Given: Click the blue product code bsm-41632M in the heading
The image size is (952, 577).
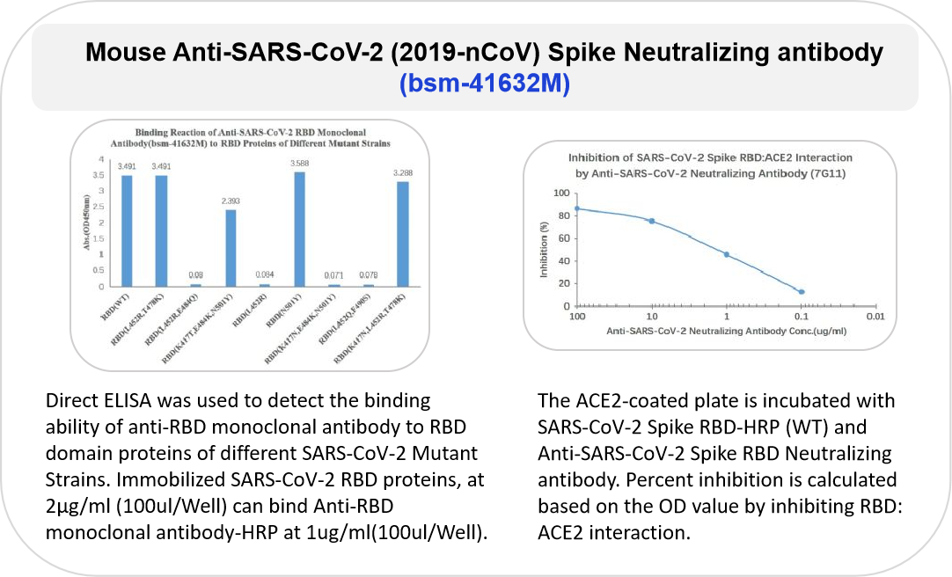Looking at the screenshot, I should coord(484,85).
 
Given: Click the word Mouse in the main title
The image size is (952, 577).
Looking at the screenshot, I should coord(124,53).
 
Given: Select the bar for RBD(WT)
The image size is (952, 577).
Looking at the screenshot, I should coord(127,230).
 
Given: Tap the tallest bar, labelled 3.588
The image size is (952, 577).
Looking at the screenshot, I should coord(300,229).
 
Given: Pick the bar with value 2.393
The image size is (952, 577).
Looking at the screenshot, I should coord(231,248).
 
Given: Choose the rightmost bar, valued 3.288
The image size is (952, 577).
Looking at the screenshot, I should coord(403,234).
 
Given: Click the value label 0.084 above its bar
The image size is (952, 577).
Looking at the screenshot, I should coord(265,274).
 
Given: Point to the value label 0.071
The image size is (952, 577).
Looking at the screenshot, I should coord(334,275).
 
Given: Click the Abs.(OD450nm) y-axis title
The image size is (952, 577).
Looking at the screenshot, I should coord(87,224).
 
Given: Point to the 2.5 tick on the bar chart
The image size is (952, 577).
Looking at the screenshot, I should coord(102,207).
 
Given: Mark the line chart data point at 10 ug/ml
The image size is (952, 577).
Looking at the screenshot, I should coord(652,221).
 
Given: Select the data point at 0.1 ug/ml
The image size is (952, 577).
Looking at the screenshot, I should coord(802,291).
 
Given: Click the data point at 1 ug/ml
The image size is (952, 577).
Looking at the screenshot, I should coord(727,254).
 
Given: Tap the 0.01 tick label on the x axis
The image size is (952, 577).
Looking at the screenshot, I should coord(874,316).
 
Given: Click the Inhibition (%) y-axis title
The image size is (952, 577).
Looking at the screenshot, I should coord(544,249).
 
